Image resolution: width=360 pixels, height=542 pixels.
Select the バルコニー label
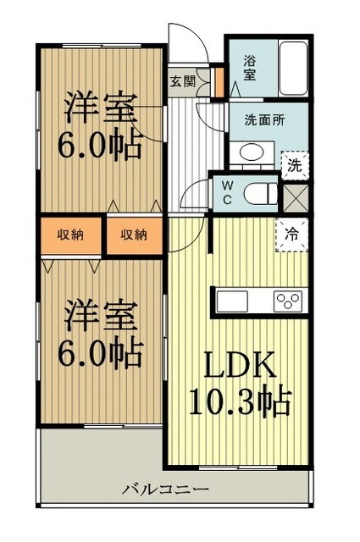pos(166,489)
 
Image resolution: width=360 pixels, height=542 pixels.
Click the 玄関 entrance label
pos(181,82)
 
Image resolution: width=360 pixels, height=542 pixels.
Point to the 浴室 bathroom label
pos(249,68)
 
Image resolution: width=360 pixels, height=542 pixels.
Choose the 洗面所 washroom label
pos(264,120)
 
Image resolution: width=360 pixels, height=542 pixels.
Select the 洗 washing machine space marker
pos(293,164)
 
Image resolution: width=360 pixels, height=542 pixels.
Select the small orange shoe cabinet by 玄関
pos(219,83)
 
